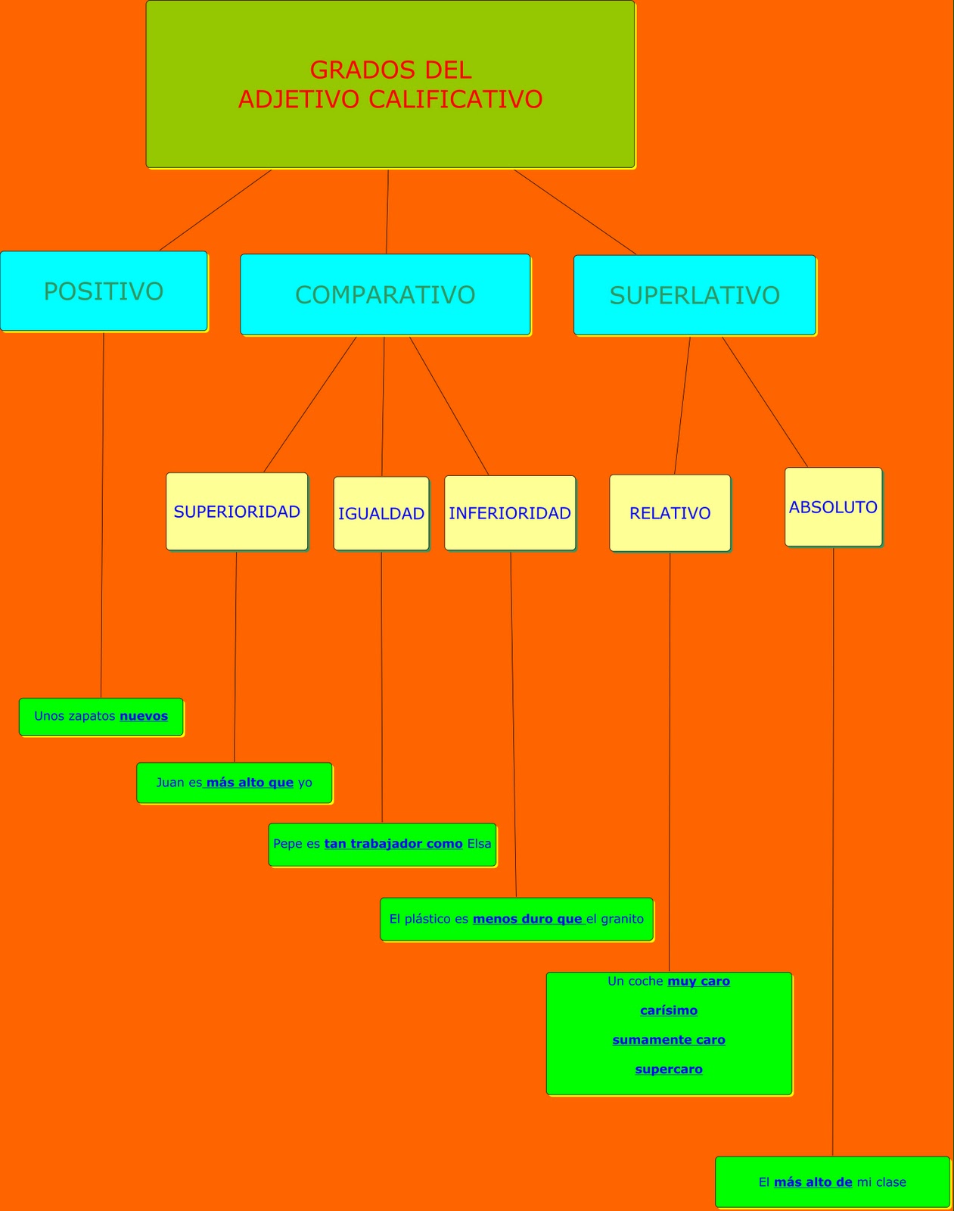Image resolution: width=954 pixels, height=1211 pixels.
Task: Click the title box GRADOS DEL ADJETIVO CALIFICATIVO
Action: click(x=390, y=84)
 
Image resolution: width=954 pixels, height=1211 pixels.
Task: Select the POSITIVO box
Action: click(x=104, y=291)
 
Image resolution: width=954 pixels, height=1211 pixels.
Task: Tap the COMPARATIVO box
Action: click(x=385, y=294)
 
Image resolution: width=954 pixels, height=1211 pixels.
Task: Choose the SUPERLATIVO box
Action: click(x=695, y=295)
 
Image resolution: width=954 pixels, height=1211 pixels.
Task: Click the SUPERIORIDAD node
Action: click(x=237, y=512)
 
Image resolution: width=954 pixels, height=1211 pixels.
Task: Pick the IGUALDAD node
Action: click(x=381, y=514)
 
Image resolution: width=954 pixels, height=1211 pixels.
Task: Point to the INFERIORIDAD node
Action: click(x=510, y=513)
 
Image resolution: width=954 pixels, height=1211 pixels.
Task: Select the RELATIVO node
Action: click(x=670, y=513)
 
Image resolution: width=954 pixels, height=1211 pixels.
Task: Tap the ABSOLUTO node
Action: click(x=833, y=507)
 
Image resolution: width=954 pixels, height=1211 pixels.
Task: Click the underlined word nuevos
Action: click(x=144, y=716)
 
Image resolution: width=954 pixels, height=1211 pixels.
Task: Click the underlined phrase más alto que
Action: click(x=250, y=783)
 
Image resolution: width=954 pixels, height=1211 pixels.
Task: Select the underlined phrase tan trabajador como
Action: click(x=393, y=844)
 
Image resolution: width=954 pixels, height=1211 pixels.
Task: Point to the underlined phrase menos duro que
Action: click(x=527, y=919)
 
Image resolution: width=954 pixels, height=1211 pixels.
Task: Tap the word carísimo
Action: click(x=669, y=1010)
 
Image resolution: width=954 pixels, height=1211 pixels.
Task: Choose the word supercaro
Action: click(x=669, y=1069)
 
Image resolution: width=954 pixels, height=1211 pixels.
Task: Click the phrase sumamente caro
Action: click(x=669, y=1040)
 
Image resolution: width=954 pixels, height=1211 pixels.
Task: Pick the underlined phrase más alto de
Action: click(x=813, y=1182)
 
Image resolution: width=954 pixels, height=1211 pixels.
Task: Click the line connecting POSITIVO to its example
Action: click(x=102, y=515)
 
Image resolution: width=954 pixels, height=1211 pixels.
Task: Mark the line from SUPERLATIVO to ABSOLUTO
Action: click(x=764, y=402)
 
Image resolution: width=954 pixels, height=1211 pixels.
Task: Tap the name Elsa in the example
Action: click(x=480, y=844)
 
